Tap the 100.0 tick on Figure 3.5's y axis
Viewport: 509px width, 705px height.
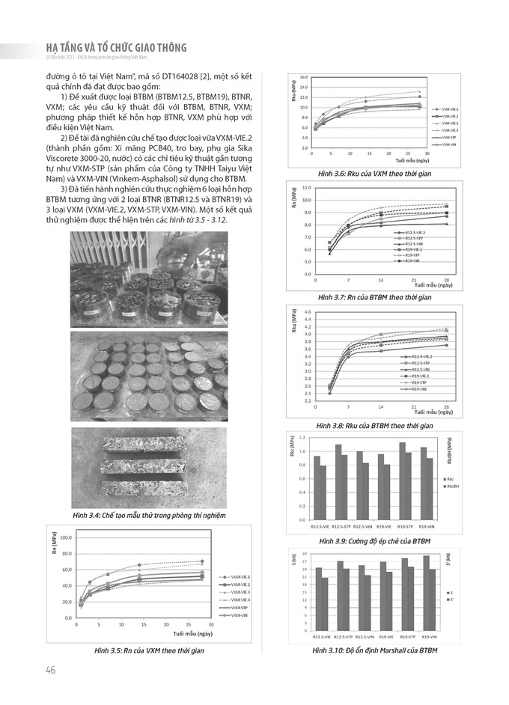point(66,537)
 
